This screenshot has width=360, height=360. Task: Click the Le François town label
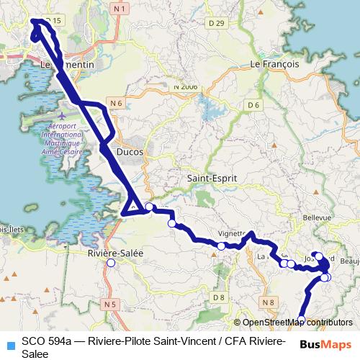[x=274, y=64]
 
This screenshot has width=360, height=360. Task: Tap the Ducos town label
[x=130, y=153]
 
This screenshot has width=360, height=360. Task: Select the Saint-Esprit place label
[x=207, y=178]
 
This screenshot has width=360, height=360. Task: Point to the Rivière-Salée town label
[x=114, y=253]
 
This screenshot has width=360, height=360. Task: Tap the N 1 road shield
[x=120, y=8]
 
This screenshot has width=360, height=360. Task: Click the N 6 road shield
[x=117, y=104]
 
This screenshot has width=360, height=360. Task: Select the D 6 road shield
[x=253, y=105]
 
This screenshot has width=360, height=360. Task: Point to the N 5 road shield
[x=110, y=305]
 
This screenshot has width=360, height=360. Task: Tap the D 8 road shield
[x=219, y=297]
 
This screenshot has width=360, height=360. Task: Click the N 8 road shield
[x=269, y=302]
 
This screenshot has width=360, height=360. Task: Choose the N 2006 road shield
[x=185, y=86]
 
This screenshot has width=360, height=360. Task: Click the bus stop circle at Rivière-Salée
[x=111, y=264]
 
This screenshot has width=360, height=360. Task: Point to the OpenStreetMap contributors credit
[x=297, y=323]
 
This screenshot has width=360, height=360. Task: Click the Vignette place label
[x=232, y=234]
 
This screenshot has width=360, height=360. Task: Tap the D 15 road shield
[x=51, y=21]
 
